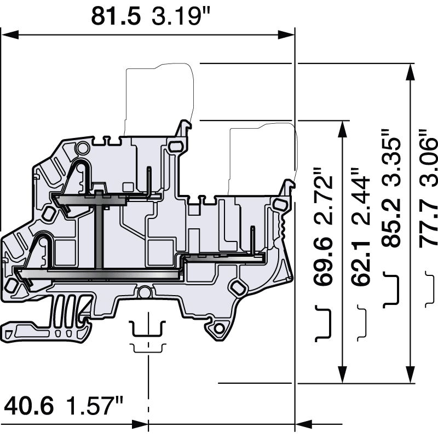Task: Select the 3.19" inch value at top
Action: (181, 16)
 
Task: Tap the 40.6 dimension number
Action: (30, 406)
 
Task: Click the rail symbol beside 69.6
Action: (324, 323)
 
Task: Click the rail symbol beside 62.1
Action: (362, 323)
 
